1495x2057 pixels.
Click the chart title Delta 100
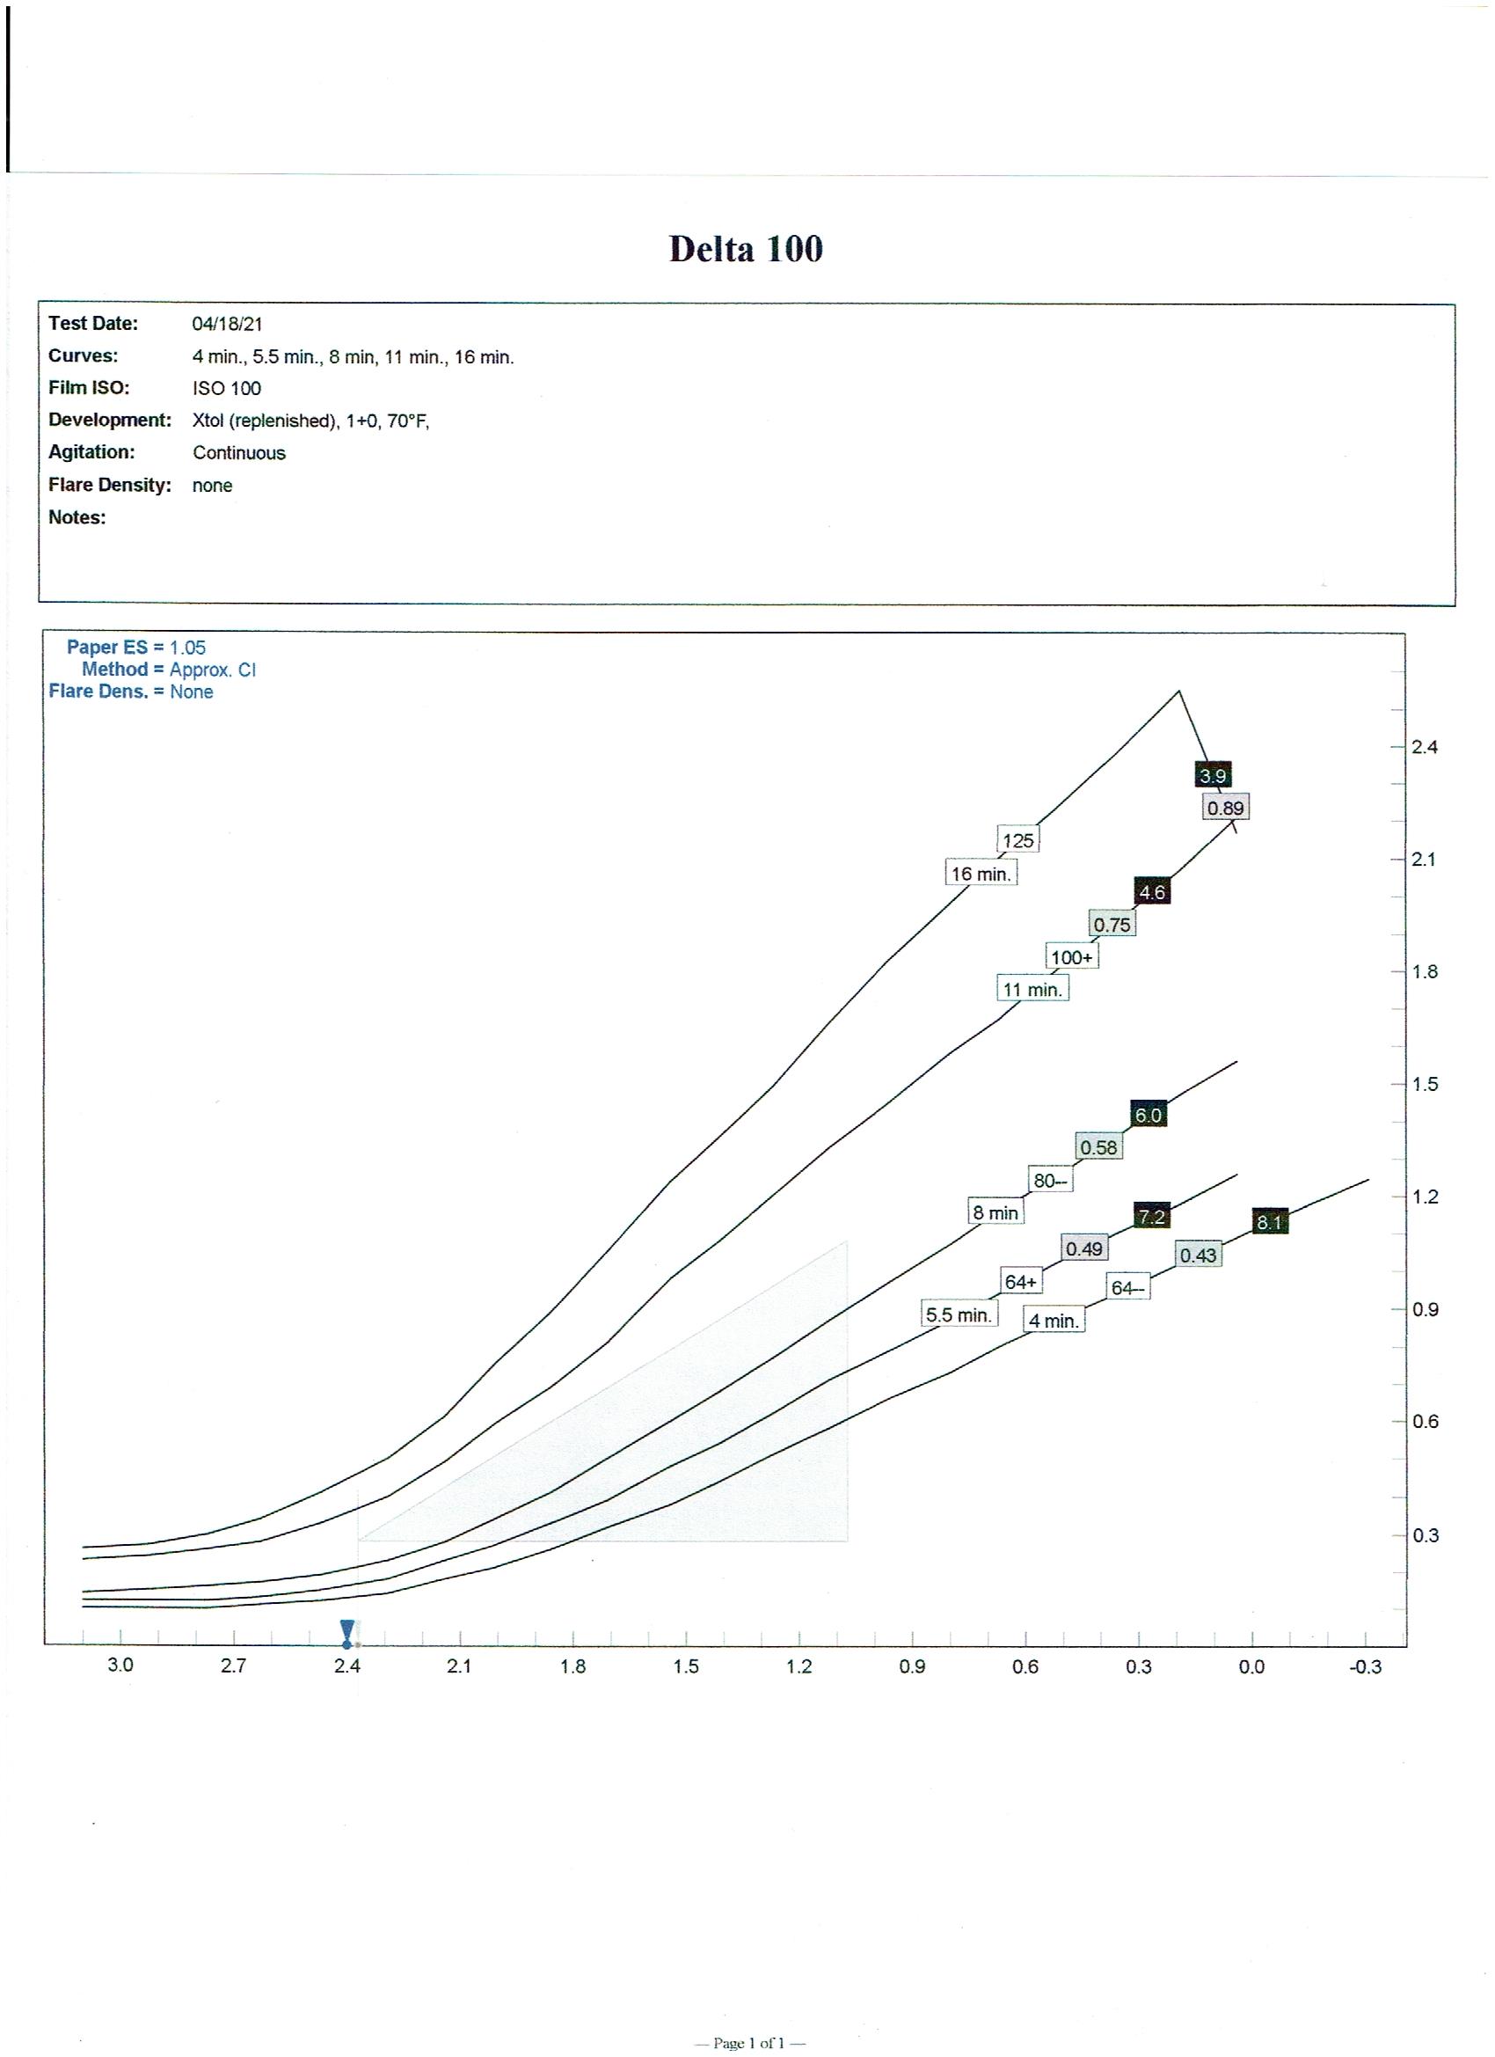pos(745,249)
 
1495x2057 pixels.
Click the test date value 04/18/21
pos(227,324)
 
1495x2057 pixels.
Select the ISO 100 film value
pos(227,388)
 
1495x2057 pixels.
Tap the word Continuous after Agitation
pos(238,452)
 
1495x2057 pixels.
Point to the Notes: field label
pos(77,517)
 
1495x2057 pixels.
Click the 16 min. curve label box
pos(980,874)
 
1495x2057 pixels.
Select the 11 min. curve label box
pos(1032,989)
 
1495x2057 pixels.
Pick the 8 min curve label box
pos(995,1212)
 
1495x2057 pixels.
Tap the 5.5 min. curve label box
pos(959,1314)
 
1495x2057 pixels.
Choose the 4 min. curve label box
pos(1054,1321)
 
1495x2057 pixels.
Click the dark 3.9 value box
pos(1212,775)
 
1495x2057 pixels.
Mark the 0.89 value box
pos(1225,807)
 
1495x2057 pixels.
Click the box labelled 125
pos(1017,840)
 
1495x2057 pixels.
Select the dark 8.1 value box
pos(1269,1222)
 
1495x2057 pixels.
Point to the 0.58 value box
pos(1098,1147)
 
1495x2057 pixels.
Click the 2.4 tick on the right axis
pos(1425,747)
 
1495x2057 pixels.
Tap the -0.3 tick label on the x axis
pos(1365,1666)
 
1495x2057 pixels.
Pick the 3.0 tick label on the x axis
pos(120,1665)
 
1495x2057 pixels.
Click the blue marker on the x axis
pos(347,1634)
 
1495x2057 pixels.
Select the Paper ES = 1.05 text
pos(136,648)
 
